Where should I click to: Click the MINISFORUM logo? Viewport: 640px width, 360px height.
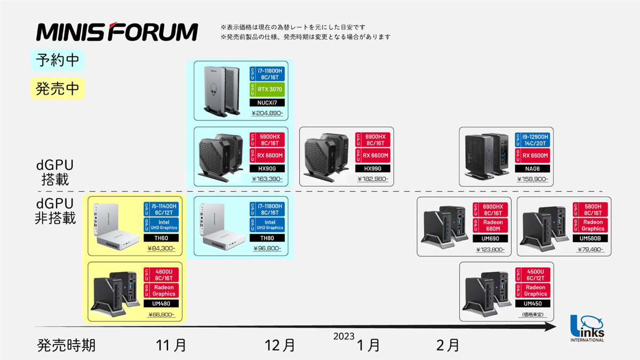(x=117, y=31)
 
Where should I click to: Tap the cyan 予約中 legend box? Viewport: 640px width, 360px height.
(x=58, y=60)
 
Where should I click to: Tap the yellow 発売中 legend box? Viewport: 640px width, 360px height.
(x=58, y=88)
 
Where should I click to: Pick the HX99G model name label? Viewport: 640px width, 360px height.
(x=373, y=169)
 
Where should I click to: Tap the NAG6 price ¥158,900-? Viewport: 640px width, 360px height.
(x=532, y=179)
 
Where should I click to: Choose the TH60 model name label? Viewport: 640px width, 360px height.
(x=161, y=238)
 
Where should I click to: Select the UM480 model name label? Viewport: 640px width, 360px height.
(x=161, y=304)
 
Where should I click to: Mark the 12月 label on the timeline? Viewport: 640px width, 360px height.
(x=280, y=345)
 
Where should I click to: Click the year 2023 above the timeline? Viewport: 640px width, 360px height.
(x=344, y=336)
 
